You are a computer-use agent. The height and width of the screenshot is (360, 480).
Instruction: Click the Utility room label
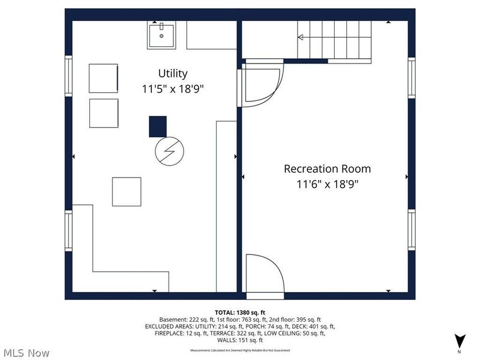(x=173, y=73)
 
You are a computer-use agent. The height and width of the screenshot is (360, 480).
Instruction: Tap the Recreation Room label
(x=327, y=169)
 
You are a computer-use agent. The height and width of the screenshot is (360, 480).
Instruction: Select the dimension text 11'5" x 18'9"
(x=173, y=89)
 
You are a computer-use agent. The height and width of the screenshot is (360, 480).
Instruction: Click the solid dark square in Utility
(x=158, y=127)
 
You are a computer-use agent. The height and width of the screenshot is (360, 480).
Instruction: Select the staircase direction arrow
(x=301, y=37)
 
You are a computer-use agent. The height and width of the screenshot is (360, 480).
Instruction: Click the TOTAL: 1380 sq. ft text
(x=240, y=312)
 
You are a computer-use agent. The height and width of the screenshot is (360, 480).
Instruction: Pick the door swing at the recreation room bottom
(x=266, y=275)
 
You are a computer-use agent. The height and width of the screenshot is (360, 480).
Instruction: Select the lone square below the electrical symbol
(x=127, y=191)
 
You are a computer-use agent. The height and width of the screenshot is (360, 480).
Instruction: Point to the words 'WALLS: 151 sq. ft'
(x=240, y=340)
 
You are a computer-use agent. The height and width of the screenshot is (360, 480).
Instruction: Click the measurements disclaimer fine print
(x=240, y=350)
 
